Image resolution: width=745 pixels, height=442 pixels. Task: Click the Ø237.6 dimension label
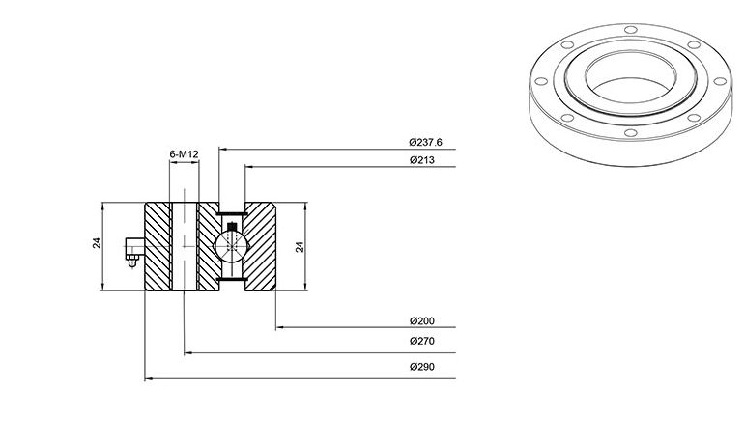426,142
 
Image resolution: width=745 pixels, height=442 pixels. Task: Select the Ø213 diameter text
422,160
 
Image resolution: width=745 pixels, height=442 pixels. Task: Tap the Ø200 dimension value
422,321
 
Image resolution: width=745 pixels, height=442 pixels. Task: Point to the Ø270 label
422,341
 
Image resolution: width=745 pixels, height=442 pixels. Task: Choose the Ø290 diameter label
422,367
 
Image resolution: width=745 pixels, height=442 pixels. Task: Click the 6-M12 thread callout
184,154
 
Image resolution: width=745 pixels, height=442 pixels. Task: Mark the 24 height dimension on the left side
97,243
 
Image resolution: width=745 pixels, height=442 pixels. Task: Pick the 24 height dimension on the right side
300,247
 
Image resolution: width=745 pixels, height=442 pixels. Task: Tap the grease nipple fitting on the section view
134,251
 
